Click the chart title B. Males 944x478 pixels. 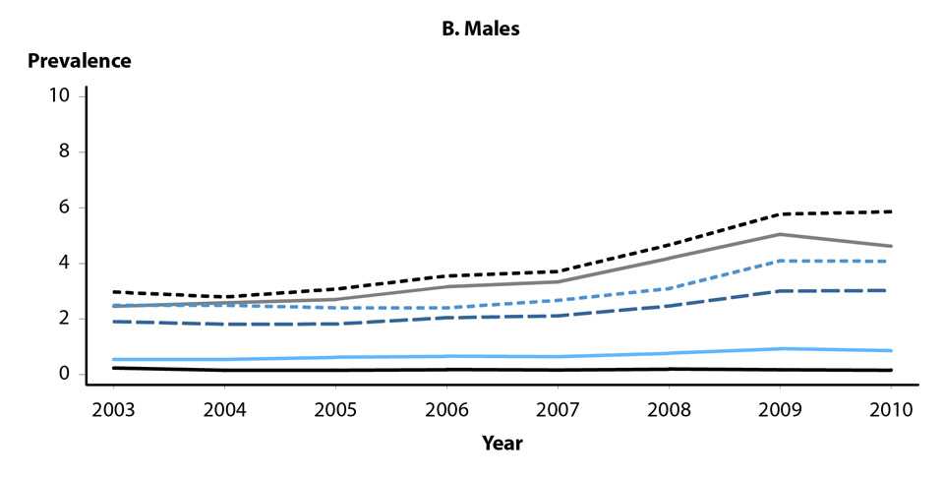[480, 30]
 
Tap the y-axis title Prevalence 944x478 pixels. [79, 61]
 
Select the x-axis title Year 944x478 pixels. [501, 443]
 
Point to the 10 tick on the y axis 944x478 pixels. [58, 96]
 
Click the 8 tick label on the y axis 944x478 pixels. [63, 152]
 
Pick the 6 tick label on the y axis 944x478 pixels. [63, 208]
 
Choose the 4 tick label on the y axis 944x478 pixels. [63, 264]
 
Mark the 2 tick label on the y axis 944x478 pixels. [63, 319]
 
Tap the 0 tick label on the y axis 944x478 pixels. [63, 374]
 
